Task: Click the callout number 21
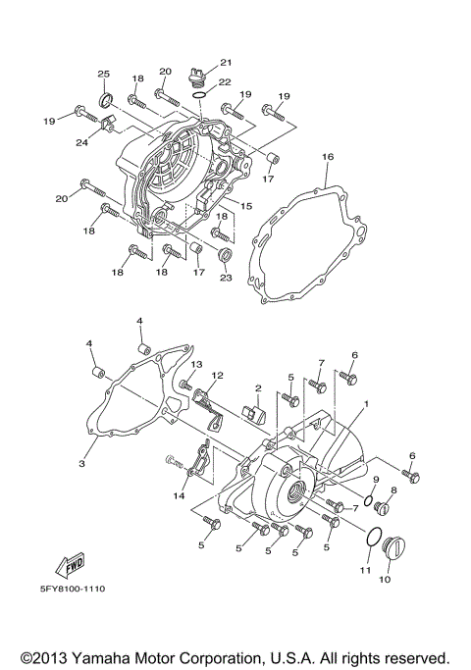[x=225, y=62]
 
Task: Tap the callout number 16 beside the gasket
[x=328, y=157]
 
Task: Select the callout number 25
[x=103, y=75]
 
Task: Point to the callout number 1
[x=366, y=404]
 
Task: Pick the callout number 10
[x=384, y=580]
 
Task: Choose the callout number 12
[x=218, y=376]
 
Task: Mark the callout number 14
[x=179, y=497]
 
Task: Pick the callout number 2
[x=258, y=388]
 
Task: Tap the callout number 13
[x=196, y=365]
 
